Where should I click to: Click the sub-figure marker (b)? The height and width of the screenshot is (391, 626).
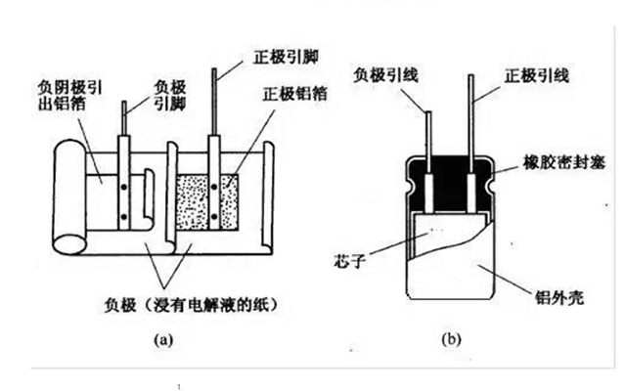click(451, 340)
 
